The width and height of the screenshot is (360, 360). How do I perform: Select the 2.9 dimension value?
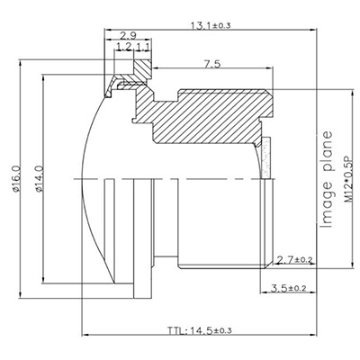(127, 35)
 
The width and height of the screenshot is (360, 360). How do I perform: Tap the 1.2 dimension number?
(123, 47)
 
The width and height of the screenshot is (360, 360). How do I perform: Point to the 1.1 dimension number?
(142, 47)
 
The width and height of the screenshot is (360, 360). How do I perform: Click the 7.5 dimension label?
(213, 65)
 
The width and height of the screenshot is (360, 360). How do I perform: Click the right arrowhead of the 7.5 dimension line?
(270, 75)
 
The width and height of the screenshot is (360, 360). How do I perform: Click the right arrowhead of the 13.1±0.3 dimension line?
(320, 32)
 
